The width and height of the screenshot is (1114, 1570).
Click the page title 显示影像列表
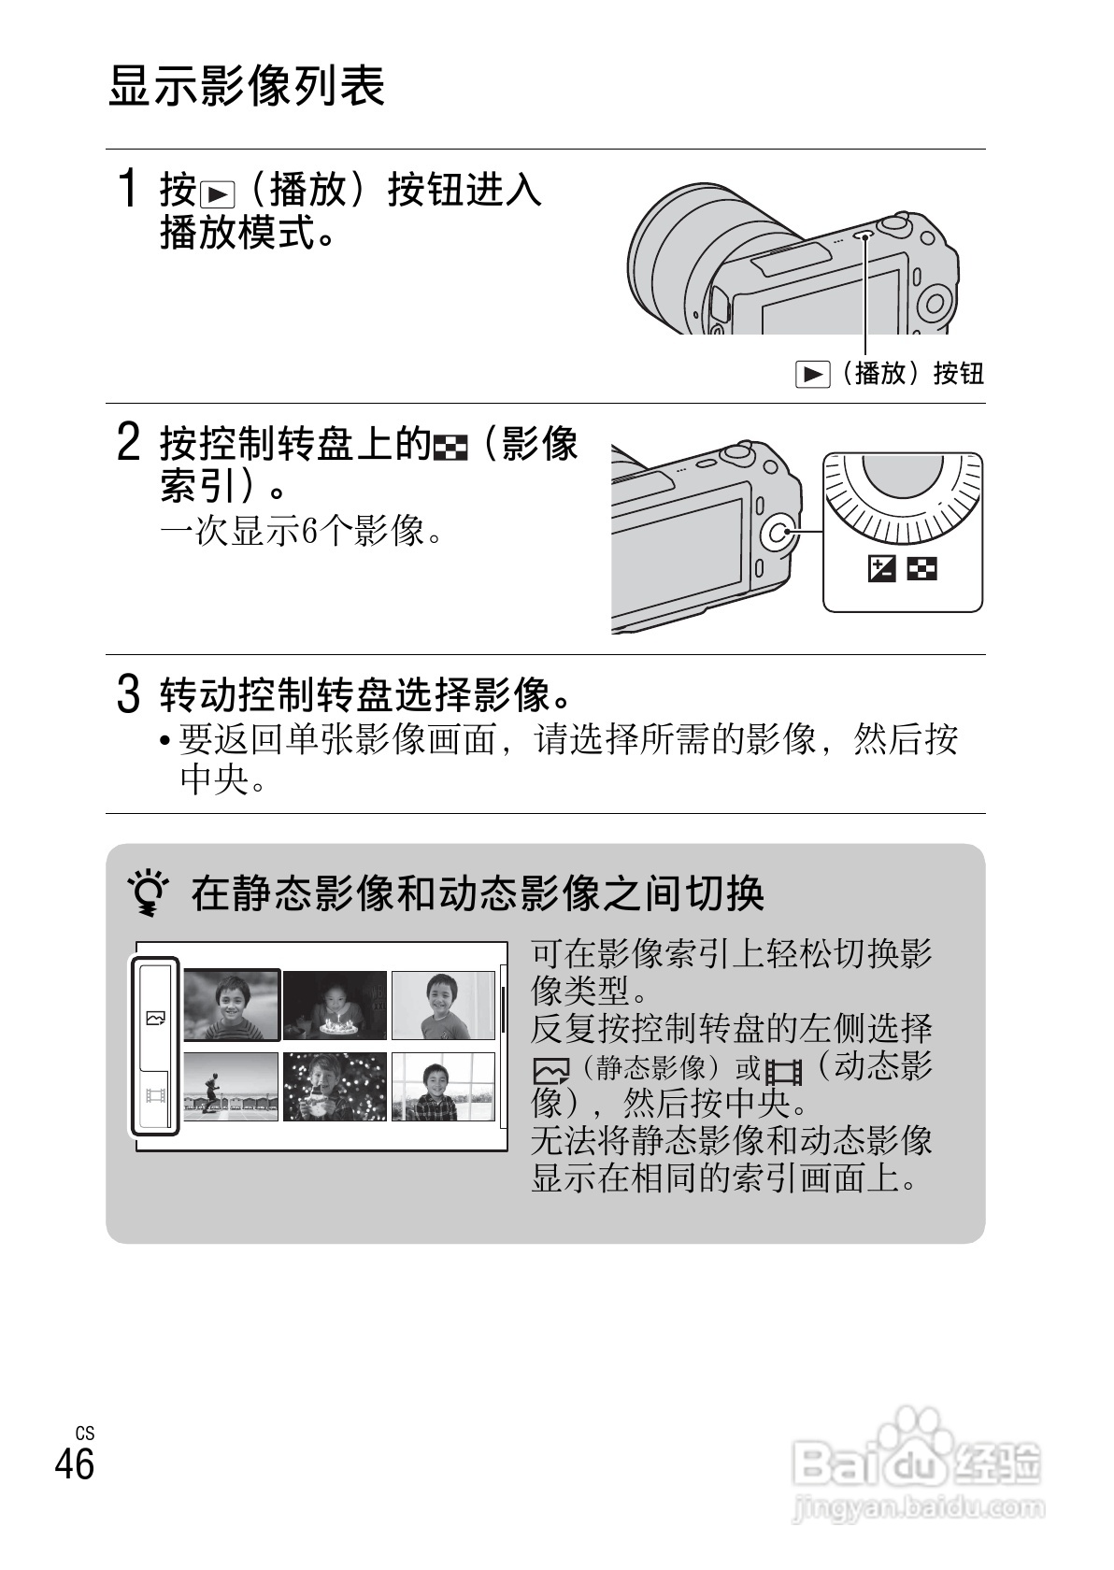click(x=247, y=86)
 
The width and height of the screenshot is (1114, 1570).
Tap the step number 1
click(x=127, y=189)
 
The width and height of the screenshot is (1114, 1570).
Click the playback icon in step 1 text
click(x=218, y=194)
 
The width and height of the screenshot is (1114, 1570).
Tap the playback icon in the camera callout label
click(x=812, y=374)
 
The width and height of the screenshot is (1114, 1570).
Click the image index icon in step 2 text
click(x=450, y=448)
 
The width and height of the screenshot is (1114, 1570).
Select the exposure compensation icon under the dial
click(x=881, y=569)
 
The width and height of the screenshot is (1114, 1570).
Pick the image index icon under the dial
click(x=921, y=569)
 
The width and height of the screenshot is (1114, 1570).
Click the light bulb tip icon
click(x=148, y=892)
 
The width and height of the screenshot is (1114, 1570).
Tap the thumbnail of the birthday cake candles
click(x=335, y=1006)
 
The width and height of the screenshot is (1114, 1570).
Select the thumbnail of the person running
click(x=231, y=1086)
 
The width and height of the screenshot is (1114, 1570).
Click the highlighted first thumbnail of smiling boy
click(x=232, y=1006)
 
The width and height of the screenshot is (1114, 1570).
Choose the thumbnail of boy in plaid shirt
click(x=443, y=1086)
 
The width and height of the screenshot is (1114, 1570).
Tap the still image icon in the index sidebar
click(x=156, y=1018)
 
